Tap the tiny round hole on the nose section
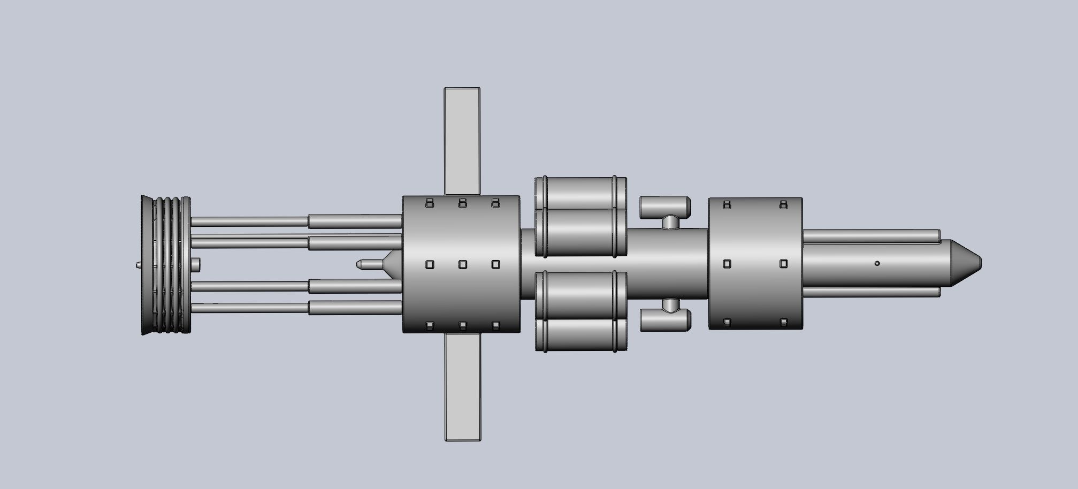877,263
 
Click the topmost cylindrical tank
580,193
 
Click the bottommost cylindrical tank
580,335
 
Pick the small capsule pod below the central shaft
665,319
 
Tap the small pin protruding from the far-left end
137,264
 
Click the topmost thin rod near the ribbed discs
249,221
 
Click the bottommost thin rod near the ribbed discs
249,308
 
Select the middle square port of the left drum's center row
463,264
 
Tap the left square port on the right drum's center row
727,264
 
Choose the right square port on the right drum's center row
783,264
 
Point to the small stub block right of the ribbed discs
195,264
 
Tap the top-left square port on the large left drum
429,203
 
